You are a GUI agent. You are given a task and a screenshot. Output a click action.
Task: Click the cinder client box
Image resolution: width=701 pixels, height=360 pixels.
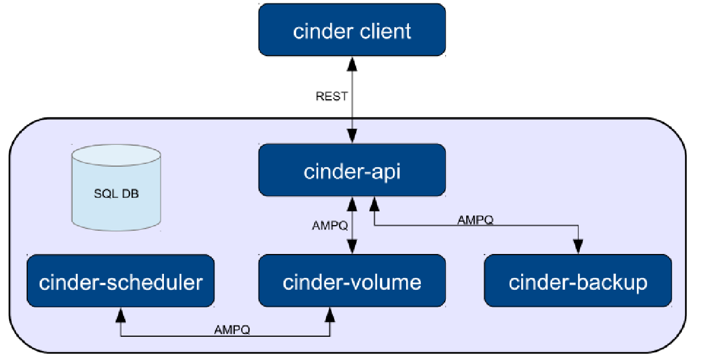[x=352, y=30]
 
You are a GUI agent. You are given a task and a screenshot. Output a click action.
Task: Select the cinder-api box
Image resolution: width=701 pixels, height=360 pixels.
[x=352, y=170]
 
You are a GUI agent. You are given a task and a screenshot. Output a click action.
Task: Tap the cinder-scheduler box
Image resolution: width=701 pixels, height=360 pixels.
[x=120, y=281]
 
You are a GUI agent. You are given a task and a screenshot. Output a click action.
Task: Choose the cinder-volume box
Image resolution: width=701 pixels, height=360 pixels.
[x=352, y=281]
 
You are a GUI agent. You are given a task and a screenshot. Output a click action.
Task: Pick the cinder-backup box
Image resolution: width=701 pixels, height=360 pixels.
[x=577, y=281]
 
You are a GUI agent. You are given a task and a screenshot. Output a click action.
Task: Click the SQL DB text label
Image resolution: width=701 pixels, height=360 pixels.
[x=116, y=194]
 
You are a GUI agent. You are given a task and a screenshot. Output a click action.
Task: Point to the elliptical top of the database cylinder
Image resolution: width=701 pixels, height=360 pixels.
[x=116, y=154]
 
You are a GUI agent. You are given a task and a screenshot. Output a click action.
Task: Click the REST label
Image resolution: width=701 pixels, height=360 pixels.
[x=331, y=96]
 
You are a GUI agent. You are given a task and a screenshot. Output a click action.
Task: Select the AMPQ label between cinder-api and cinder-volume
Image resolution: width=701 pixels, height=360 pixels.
[x=330, y=225]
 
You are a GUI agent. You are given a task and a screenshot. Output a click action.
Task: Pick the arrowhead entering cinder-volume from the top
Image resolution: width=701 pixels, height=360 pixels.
[x=352, y=248]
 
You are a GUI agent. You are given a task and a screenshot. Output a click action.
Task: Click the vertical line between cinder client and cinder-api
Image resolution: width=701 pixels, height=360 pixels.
[x=352, y=108]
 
